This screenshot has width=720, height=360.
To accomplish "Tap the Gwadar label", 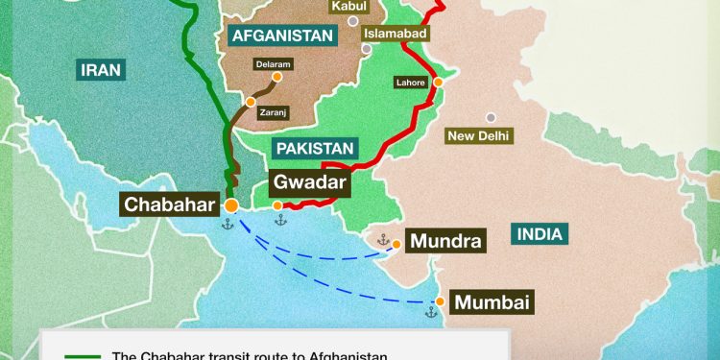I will coord(307,181).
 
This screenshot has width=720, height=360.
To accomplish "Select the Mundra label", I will coord(444,241).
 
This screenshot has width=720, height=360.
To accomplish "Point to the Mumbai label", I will coord(492,301).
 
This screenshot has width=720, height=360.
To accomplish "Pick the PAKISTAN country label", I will coord(315,148).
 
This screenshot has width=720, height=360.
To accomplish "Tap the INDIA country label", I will coord(540,232).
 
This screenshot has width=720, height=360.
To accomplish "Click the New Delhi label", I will coord(480,136).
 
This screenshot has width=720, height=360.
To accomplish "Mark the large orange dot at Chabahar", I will coord(231,204).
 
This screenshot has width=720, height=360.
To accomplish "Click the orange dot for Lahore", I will coord(438,83).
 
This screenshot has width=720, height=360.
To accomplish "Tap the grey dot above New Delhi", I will coord(491,116).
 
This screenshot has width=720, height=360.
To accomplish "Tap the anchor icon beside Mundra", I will coord(382,240).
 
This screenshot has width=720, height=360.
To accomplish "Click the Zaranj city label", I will coord(274,113).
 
